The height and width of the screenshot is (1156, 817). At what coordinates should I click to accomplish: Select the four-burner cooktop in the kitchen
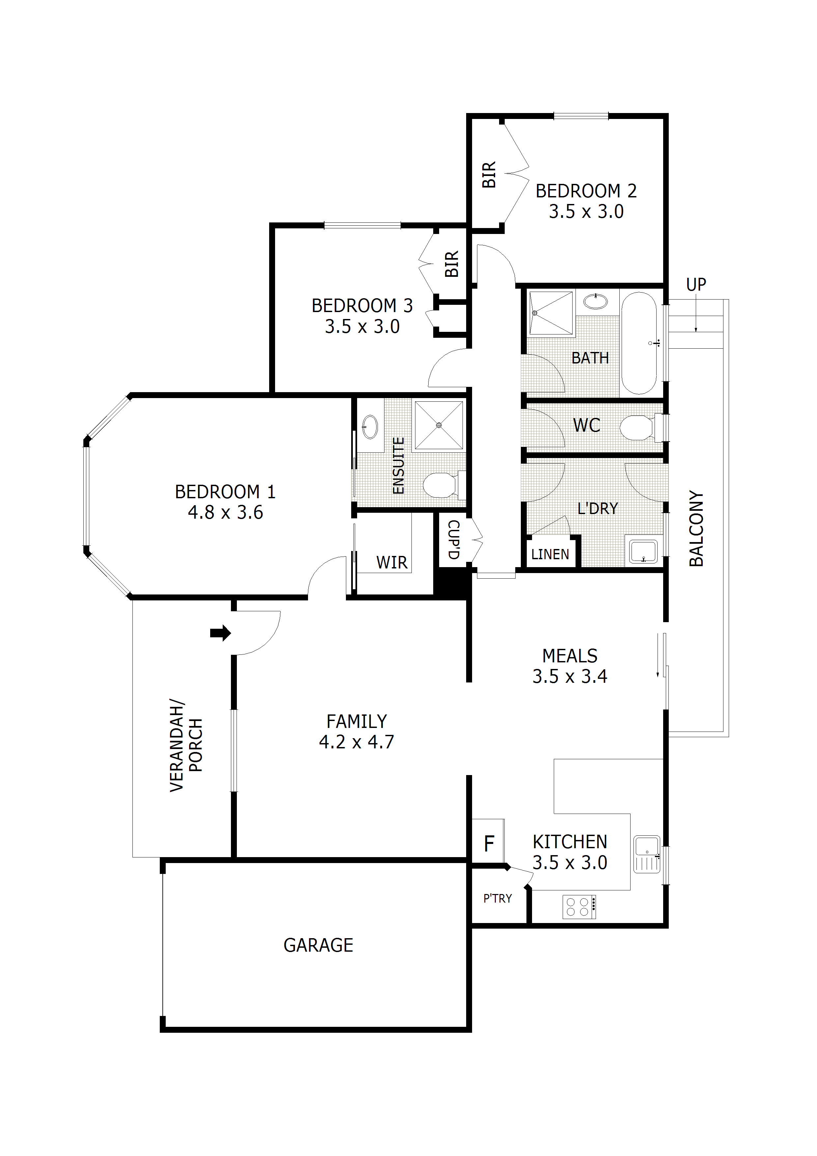[x=579, y=907]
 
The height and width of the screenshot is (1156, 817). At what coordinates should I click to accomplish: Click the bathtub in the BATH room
[x=639, y=342]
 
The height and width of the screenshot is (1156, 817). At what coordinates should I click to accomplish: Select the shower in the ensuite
[x=438, y=425]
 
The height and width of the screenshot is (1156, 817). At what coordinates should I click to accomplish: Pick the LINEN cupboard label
[x=550, y=554]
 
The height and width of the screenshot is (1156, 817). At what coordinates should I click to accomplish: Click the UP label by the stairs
[x=696, y=284]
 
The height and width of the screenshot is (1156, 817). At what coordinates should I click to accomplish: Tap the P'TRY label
[x=497, y=899]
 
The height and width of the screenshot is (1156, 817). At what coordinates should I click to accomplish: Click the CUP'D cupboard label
[x=454, y=540]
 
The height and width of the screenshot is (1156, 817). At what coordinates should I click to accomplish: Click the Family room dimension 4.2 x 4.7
[x=356, y=742]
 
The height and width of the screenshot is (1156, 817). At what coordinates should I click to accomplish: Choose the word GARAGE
[x=318, y=945]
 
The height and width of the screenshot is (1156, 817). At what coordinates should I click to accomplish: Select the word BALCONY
[x=696, y=529]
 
